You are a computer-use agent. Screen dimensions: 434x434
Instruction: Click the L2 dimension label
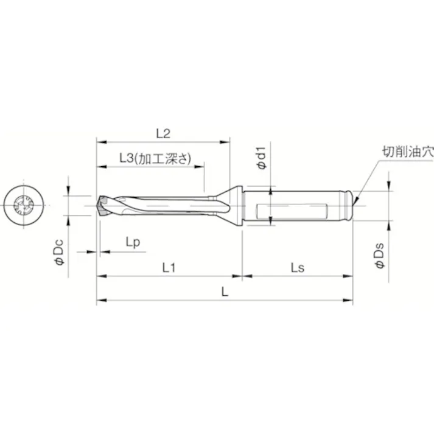coord(162,133)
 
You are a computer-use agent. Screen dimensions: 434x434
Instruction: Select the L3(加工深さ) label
coord(154,158)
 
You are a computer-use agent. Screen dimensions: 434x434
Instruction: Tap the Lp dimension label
coord(133,242)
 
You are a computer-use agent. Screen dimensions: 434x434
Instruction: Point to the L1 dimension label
coord(170,267)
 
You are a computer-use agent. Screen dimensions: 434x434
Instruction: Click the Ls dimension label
coord(297,267)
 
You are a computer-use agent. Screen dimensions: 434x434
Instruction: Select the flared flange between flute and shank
coord(231,205)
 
